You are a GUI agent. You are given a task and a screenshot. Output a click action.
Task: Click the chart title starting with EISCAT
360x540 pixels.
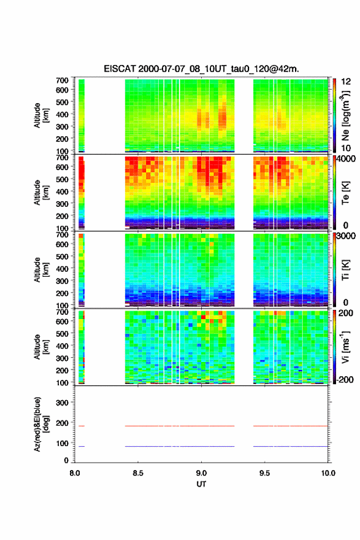coord(201,69)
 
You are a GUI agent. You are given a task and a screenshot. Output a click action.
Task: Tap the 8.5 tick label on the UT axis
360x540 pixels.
coord(137,473)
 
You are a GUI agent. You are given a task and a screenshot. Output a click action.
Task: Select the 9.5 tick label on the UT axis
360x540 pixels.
coord(264,473)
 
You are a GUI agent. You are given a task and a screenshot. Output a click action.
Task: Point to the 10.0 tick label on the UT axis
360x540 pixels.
coord(328,473)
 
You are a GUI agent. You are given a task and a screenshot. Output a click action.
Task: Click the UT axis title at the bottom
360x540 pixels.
coord(201,484)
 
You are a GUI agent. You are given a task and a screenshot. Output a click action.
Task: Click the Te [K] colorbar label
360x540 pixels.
coord(345,193)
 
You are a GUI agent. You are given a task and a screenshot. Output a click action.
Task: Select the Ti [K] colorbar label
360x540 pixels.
coord(345,269)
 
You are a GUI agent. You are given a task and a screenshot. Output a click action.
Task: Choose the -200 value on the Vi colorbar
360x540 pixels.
coord(344,379)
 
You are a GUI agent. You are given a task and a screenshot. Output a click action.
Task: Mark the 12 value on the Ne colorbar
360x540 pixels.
coord(346,82)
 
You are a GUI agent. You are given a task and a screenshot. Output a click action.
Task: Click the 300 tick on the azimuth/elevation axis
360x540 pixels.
coord(62,403)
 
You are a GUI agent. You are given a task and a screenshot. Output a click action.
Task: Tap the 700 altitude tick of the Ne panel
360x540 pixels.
coord(62,80)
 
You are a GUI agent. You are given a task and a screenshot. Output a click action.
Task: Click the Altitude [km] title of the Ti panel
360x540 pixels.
coord(41,269)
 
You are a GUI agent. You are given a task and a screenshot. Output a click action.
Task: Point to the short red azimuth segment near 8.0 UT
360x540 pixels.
coord(82,426)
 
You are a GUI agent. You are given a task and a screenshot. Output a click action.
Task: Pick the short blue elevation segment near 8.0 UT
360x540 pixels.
coord(82,446)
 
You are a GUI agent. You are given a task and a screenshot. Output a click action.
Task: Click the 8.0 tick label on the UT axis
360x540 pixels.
coord(75,473)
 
